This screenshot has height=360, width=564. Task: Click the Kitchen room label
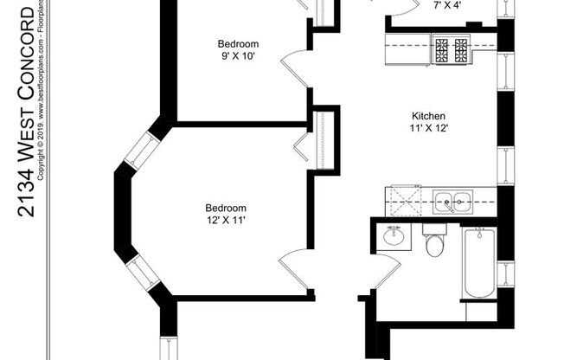[x=428, y=115]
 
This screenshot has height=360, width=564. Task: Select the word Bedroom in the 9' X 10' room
[x=238, y=44]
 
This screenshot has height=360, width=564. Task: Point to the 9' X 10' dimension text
[x=238, y=57]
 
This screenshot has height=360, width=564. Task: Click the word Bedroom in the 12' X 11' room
[x=226, y=208]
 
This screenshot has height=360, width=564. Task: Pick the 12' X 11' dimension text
[x=226, y=220]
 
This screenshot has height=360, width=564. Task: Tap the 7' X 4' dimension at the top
[x=447, y=4]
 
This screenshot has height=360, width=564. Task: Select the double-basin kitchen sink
[x=452, y=202]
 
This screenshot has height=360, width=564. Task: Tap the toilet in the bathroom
[x=434, y=243]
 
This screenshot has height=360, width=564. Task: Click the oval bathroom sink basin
[x=395, y=236]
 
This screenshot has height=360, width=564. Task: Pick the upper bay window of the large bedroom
[x=142, y=149]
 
